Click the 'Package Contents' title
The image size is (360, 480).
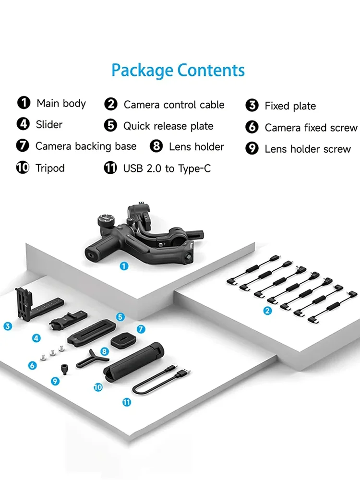178,71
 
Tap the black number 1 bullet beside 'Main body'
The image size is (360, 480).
23,103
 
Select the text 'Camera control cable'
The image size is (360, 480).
174,105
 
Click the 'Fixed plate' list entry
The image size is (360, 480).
290,106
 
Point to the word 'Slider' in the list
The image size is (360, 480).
49,125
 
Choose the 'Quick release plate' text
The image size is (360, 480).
168,126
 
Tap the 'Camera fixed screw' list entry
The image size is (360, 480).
311,128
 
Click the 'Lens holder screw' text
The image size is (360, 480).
308,149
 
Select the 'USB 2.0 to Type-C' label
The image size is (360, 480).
167,168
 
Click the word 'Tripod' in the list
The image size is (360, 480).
50,168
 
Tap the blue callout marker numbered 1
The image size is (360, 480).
124,265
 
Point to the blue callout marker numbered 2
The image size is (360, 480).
268,311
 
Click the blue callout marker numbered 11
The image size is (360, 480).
127,403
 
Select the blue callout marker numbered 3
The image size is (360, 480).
7,326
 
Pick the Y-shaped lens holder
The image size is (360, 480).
91,358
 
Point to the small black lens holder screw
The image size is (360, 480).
63,369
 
